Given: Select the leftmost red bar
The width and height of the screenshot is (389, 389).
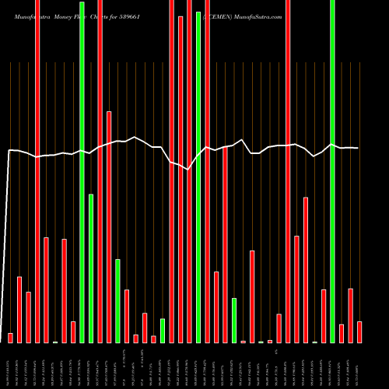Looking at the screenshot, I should (x=10, y=338).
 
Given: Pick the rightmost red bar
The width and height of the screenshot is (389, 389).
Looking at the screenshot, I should (x=359, y=332).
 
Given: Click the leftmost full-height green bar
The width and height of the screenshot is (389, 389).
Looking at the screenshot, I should (x=82, y=171).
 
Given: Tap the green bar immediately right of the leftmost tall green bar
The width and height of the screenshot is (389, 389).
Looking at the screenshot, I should (x=91, y=268).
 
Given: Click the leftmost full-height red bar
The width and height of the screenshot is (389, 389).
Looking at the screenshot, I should (x=37, y=171).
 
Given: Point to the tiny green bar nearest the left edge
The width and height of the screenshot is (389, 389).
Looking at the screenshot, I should (x=55, y=342).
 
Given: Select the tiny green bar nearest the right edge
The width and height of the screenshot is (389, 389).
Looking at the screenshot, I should (x=315, y=342).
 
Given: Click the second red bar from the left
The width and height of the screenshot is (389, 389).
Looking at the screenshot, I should (x=19, y=310).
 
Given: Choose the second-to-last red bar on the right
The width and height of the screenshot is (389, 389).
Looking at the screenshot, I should (x=351, y=315).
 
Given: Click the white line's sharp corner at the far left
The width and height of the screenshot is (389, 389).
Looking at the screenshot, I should (x=9, y=151).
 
